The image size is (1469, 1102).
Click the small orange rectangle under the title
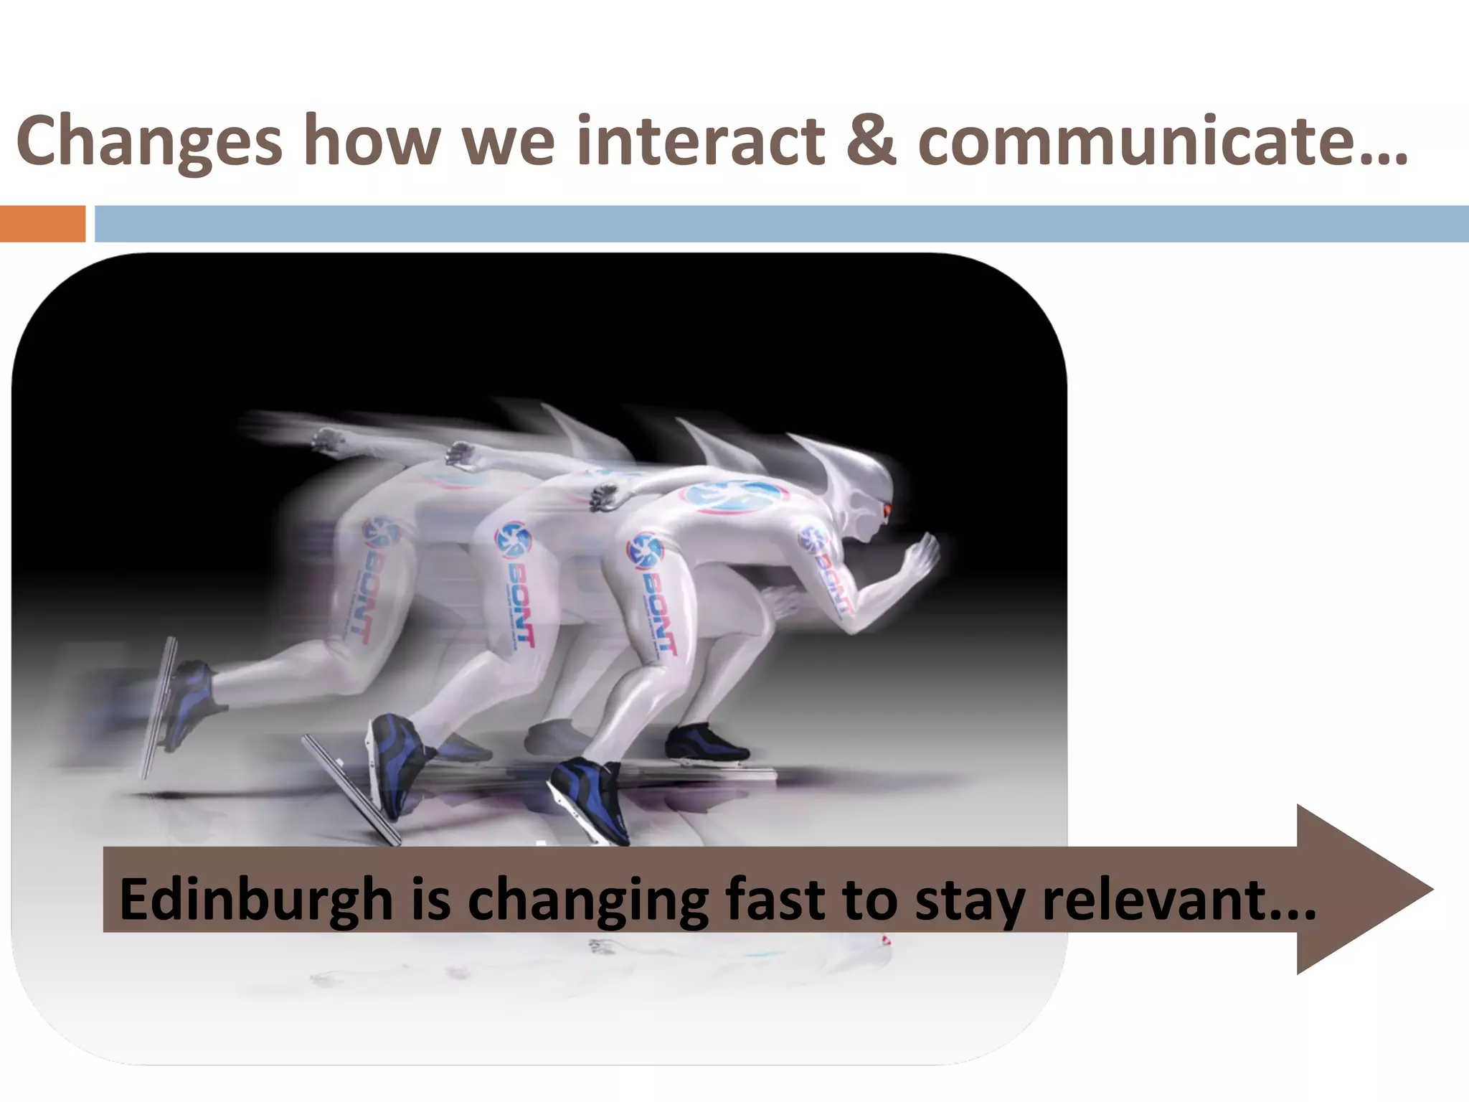[42, 223]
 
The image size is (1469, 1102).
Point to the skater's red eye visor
[887, 509]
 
